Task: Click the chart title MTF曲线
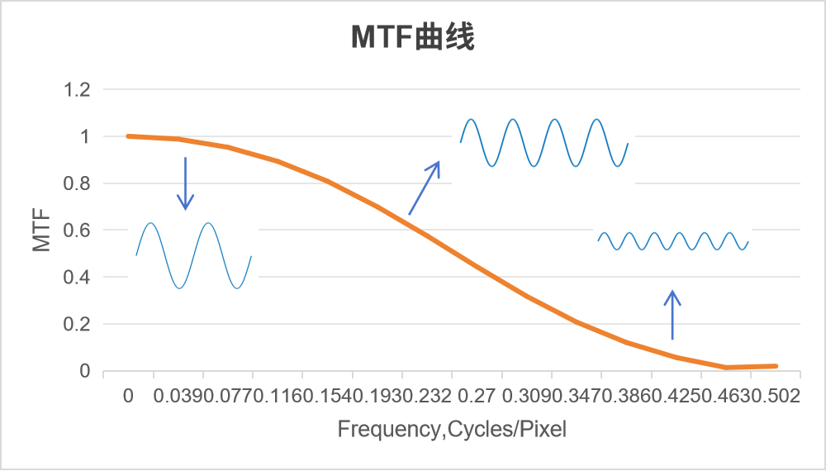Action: (x=412, y=37)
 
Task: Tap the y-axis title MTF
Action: (x=42, y=231)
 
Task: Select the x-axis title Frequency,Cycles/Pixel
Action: (x=452, y=430)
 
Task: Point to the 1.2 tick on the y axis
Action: (x=78, y=89)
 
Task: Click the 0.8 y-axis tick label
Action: (x=78, y=183)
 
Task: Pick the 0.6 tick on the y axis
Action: (x=78, y=231)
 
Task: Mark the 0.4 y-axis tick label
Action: (x=78, y=278)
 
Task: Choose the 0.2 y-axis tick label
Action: (x=78, y=325)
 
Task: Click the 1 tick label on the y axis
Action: (x=84, y=136)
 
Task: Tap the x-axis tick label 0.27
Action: (x=476, y=397)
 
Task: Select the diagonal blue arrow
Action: (x=425, y=188)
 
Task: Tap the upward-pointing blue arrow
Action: (x=672, y=315)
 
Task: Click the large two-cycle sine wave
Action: (x=193, y=255)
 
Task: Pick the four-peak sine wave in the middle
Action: (x=544, y=143)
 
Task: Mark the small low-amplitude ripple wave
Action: (x=672, y=241)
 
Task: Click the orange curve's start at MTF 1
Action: (x=128, y=136)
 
